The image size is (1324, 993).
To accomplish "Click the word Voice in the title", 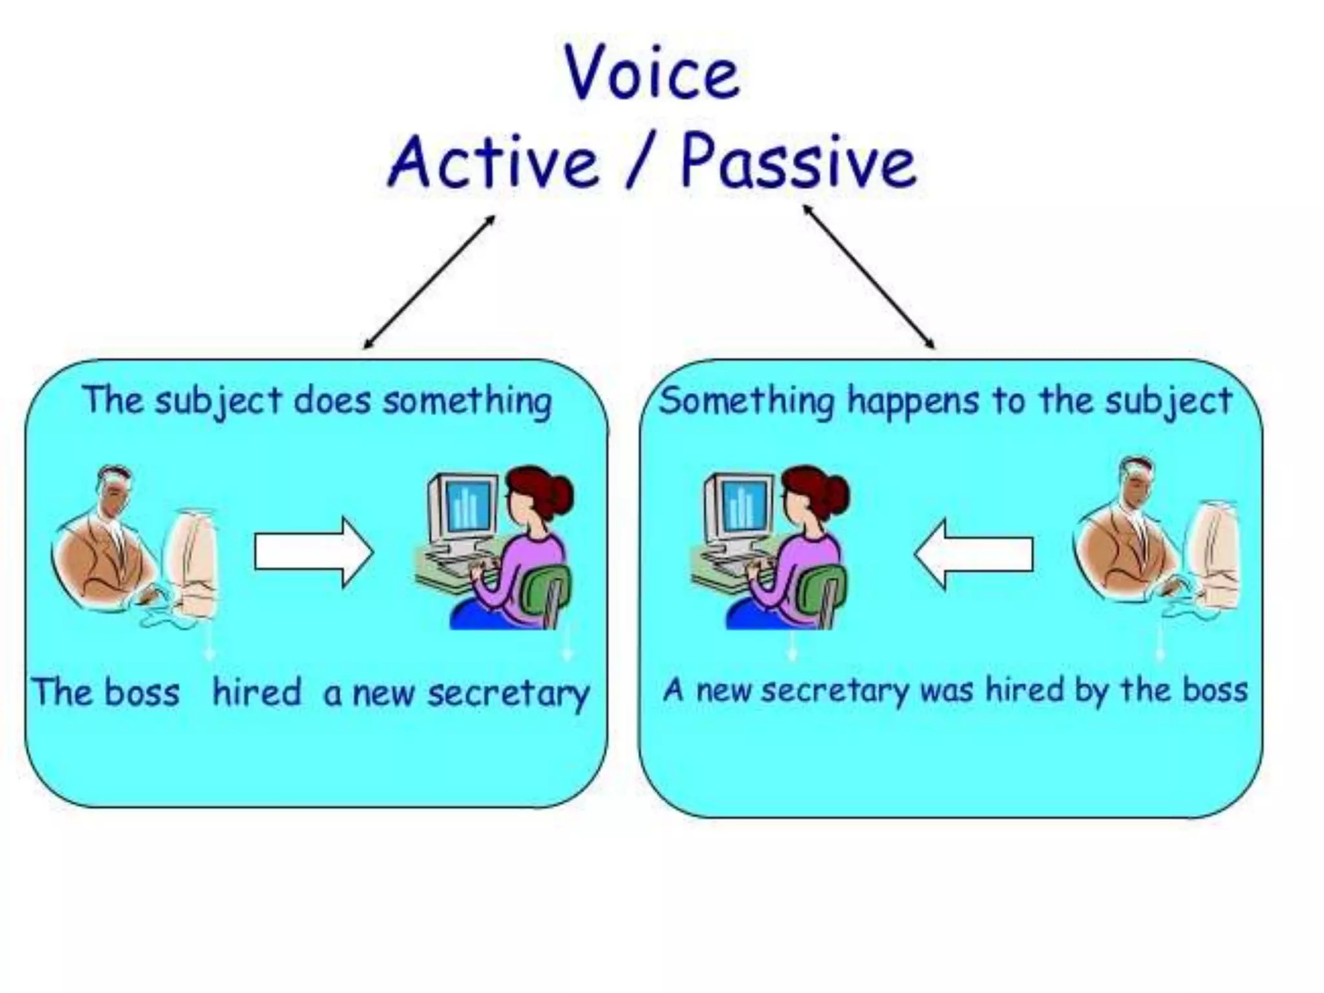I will (x=652, y=72).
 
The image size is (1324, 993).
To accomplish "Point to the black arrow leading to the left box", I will (x=429, y=282).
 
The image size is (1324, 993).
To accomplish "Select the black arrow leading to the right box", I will (x=869, y=277).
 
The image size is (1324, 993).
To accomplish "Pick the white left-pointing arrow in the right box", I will (x=974, y=554).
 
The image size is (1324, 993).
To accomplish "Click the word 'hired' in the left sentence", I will (x=257, y=692).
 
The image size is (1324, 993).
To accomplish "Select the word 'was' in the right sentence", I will (x=947, y=690).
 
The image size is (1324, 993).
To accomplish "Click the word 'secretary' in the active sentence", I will (x=508, y=693).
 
